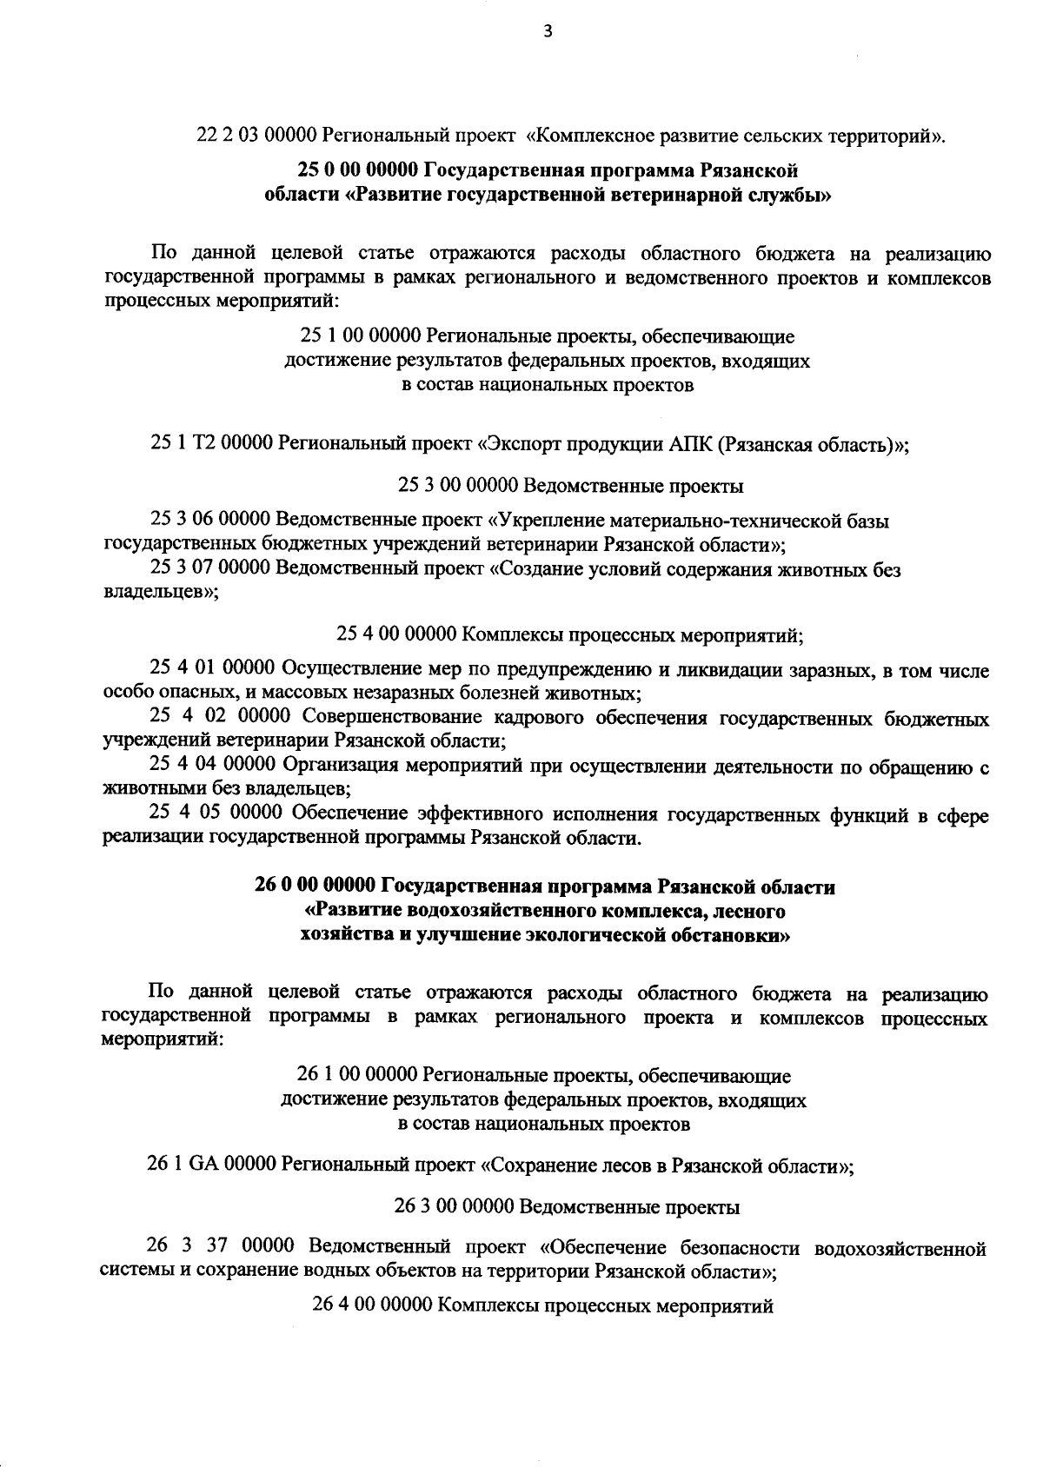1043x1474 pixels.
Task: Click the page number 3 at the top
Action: (x=547, y=32)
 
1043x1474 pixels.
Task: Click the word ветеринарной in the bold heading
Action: (x=670, y=195)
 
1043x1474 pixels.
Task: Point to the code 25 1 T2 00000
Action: (x=211, y=443)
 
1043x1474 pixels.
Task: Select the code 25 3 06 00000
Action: (x=209, y=521)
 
